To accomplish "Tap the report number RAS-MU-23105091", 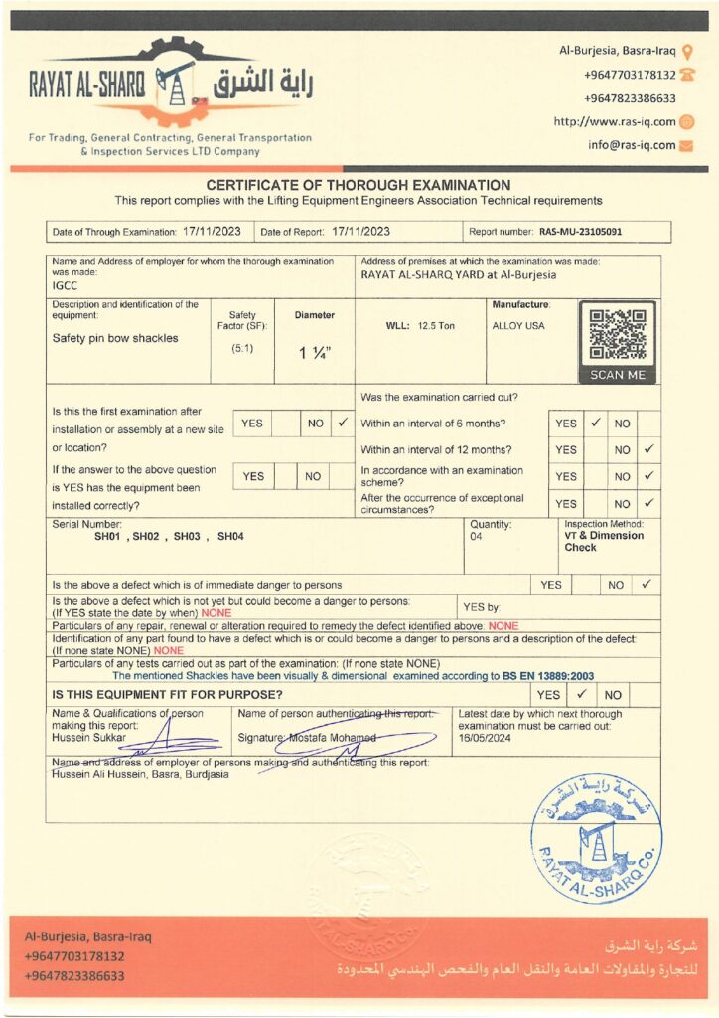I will pyautogui.click(x=582, y=232).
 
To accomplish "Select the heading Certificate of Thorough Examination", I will pyautogui.click(x=359, y=185).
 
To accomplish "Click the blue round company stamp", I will pyautogui.click(x=596, y=824).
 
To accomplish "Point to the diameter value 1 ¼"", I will pyautogui.click(x=315, y=351).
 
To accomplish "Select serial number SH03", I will pyautogui.click(x=187, y=536).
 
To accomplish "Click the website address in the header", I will pyautogui.click(x=615, y=121).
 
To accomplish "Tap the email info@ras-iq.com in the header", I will pyautogui.click(x=632, y=145).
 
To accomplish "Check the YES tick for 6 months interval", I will pyautogui.click(x=596, y=423).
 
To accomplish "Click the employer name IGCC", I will pyautogui.click(x=66, y=284).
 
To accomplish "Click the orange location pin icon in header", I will pyautogui.click(x=688, y=51).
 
